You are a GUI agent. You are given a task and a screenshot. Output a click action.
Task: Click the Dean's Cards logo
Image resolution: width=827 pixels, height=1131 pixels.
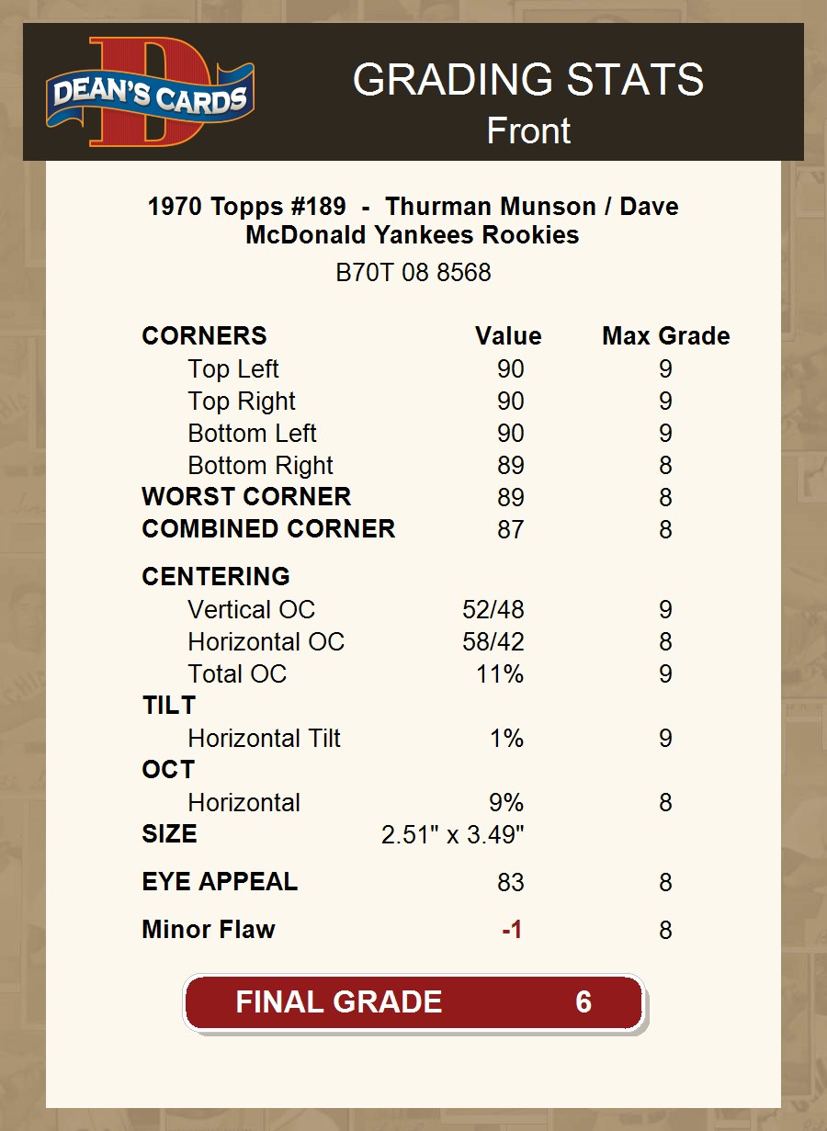click(x=151, y=93)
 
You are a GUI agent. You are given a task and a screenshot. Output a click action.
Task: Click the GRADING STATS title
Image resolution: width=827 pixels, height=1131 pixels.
click(x=528, y=80)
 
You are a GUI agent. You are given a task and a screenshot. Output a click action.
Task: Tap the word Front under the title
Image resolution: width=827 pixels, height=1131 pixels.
click(x=528, y=130)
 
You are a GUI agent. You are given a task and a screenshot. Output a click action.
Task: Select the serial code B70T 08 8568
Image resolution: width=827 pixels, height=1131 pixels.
click(x=413, y=273)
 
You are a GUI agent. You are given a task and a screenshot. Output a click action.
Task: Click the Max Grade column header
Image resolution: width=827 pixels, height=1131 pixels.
click(x=665, y=336)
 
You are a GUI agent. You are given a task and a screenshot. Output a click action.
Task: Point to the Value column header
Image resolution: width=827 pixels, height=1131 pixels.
click(x=508, y=336)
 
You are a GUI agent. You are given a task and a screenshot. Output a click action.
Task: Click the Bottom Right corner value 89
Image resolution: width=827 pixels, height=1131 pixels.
click(x=510, y=466)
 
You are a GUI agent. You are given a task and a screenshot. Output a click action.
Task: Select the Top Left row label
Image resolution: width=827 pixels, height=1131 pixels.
click(x=233, y=369)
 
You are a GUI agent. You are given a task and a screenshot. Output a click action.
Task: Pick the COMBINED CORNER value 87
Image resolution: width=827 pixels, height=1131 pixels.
click(x=510, y=530)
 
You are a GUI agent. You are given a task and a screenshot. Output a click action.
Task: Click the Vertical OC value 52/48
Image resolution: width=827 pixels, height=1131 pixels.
click(x=493, y=610)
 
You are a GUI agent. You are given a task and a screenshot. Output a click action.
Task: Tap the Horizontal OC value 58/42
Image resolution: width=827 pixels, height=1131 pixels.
click(x=493, y=642)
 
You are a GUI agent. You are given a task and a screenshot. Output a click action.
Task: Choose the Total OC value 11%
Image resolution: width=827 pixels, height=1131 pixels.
click(x=500, y=674)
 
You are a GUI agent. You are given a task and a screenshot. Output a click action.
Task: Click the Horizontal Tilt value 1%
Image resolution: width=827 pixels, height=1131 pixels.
click(x=506, y=739)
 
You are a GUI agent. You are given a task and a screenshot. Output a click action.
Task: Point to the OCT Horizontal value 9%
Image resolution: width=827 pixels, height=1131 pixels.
click(x=506, y=803)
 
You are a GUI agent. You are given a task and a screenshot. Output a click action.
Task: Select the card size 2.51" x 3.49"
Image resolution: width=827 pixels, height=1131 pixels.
click(x=452, y=835)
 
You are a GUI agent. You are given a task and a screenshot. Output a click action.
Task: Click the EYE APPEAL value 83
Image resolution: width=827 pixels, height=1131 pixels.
click(x=510, y=883)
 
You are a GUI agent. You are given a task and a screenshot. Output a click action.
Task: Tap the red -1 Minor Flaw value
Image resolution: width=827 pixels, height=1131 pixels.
click(x=512, y=931)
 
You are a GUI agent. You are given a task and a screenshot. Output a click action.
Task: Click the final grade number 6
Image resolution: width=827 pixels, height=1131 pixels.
click(x=583, y=1001)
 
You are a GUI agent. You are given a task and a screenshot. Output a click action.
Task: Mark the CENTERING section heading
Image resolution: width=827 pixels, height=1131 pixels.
click(x=216, y=577)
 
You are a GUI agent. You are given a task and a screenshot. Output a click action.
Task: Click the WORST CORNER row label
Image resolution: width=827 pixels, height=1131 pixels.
click(x=246, y=497)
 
